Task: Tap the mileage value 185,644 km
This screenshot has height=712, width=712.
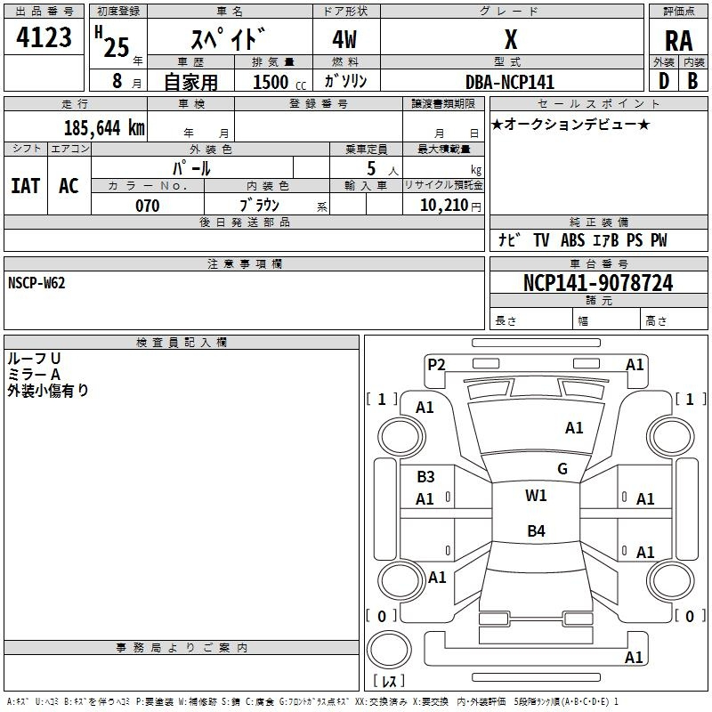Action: tap(104, 128)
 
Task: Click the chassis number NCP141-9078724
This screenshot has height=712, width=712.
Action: tap(598, 284)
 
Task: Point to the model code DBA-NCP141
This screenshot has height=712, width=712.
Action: tap(510, 82)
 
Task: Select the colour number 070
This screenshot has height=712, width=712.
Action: tap(148, 206)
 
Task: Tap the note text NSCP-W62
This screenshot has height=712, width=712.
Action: tap(36, 283)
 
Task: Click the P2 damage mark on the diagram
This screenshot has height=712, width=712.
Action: tap(436, 364)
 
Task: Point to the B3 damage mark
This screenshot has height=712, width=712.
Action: tap(425, 477)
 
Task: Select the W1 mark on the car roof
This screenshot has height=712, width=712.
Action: tap(536, 496)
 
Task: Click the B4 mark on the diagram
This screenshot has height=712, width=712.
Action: tap(536, 531)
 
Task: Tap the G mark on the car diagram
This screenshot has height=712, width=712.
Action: tap(562, 469)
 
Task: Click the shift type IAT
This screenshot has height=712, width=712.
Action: tap(25, 186)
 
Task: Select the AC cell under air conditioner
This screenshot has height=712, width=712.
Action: tap(69, 186)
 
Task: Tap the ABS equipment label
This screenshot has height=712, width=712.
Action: tap(572, 240)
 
